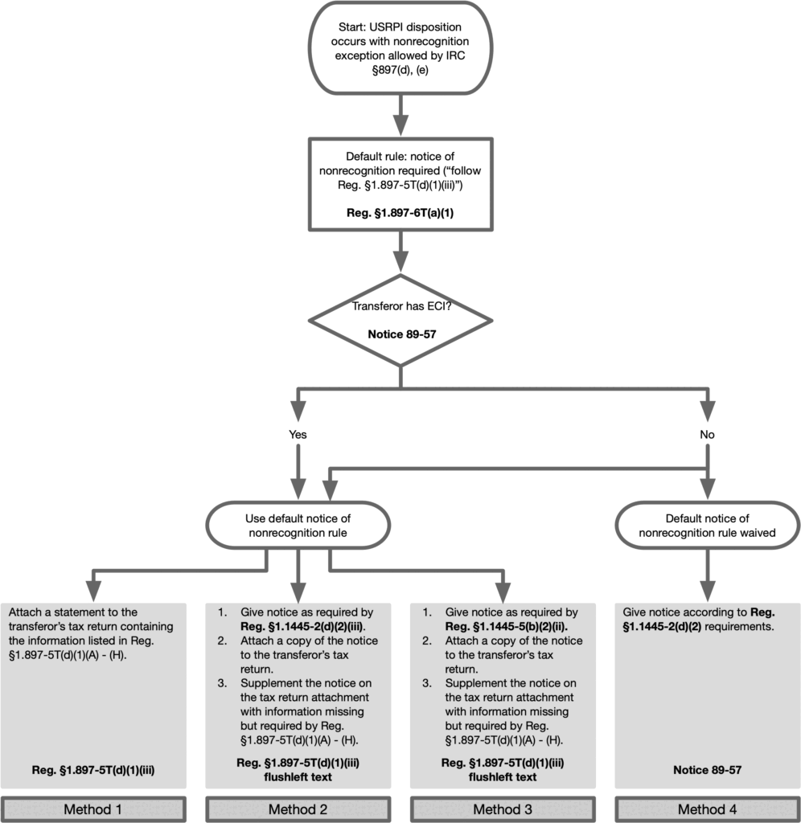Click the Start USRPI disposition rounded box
point(400,47)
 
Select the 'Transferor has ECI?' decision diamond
point(400,320)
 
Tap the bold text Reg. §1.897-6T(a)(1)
point(400,212)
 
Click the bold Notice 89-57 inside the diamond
point(402,334)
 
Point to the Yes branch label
point(298,435)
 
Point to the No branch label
point(707,435)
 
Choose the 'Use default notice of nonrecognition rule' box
point(298,526)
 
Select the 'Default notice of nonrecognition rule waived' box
point(707,526)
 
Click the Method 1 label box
point(93,809)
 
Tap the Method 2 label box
point(298,809)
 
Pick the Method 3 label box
point(503,809)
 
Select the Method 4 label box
point(707,809)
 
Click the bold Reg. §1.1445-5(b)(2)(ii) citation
point(507,626)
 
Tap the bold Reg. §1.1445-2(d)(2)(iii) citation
point(303,626)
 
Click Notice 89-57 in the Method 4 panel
point(707,770)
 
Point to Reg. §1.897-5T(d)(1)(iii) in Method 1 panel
point(93,770)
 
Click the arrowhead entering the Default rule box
point(400,125)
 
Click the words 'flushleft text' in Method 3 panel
point(503,777)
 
